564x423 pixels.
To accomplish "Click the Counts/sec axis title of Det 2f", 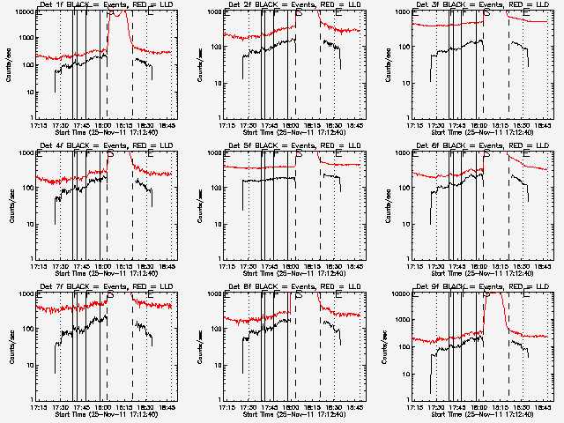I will pos(198,66).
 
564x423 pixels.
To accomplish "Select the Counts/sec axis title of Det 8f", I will pos(198,348).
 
